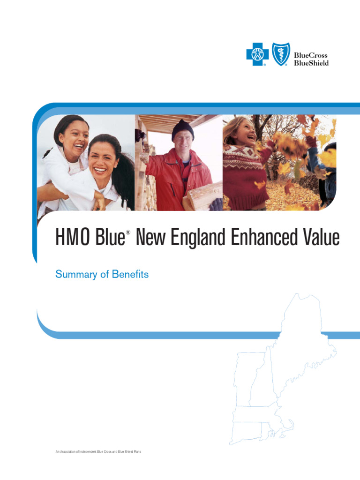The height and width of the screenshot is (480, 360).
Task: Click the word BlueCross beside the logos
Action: coord(311,55)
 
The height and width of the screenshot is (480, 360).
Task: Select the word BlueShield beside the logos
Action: coord(311,63)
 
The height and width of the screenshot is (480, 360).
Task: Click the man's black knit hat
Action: coord(182,128)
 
